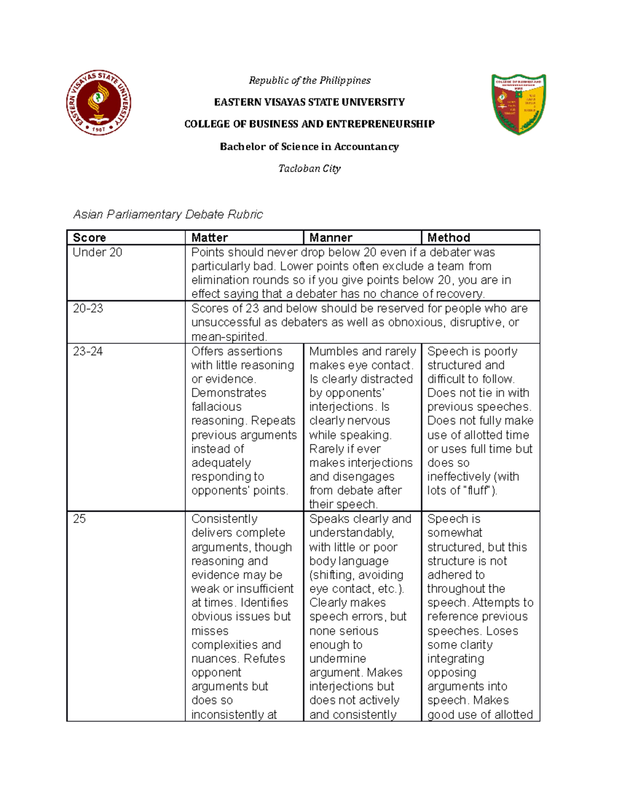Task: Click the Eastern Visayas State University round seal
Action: click(99, 103)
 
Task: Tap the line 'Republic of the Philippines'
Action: click(309, 80)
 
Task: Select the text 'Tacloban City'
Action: click(309, 169)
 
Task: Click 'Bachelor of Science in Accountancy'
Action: click(309, 146)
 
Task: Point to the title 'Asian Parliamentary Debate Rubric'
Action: click(168, 215)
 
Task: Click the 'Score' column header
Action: click(89, 238)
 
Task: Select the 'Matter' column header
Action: click(209, 238)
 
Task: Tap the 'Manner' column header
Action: click(331, 238)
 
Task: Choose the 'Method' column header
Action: click(449, 238)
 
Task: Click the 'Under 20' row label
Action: click(97, 252)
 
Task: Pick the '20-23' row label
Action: click(88, 308)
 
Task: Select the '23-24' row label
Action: click(88, 351)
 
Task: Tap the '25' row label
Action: click(79, 519)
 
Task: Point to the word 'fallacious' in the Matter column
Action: click(216, 407)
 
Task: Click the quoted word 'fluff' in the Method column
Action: click(478, 491)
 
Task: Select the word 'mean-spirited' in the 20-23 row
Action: click(228, 337)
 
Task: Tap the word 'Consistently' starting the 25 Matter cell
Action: click(224, 519)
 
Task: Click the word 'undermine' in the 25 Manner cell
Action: click(337, 659)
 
